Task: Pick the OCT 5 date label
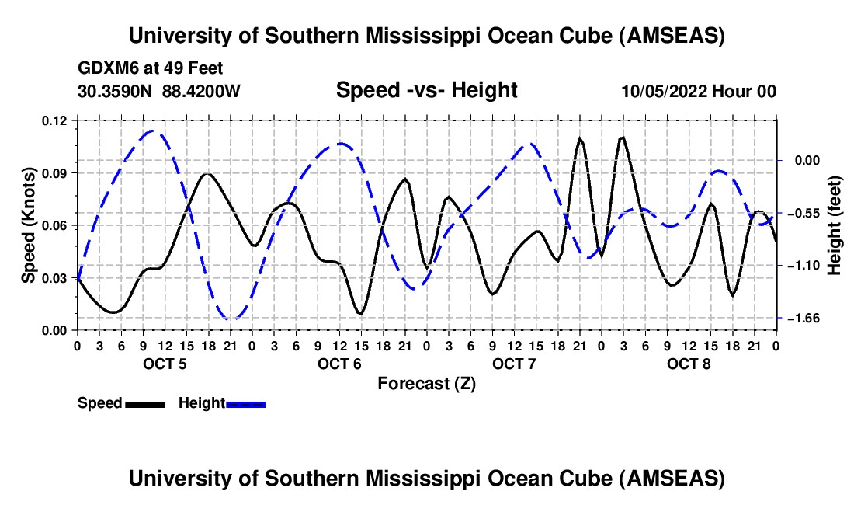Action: tap(165, 364)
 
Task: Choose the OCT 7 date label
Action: tap(514, 364)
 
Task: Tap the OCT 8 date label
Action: tap(689, 364)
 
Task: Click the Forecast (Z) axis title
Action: tap(426, 383)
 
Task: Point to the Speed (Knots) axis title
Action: tap(29, 225)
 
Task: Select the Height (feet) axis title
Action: tap(835, 225)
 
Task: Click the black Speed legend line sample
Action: tap(144, 403)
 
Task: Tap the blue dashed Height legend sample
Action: tap(245, 403)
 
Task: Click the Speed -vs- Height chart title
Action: tap(426, 91)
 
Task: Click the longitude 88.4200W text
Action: tap(201, 92)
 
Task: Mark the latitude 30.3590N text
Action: tap(116, 92)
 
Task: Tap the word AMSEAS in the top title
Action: tap(672, 36)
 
